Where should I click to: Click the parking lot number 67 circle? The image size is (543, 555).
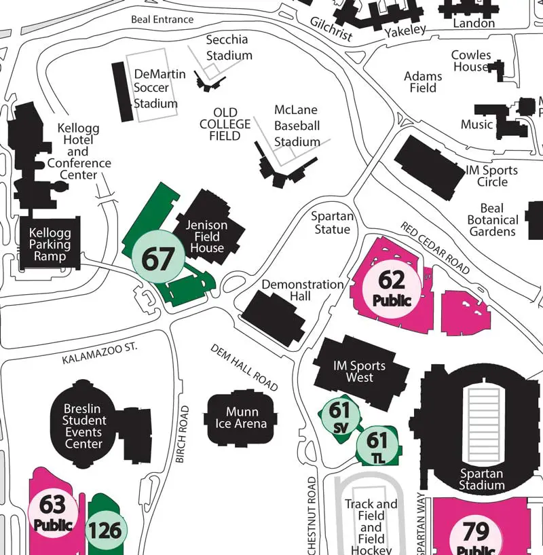[x=157, y=257]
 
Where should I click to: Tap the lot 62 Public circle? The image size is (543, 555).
[x=392, y=286]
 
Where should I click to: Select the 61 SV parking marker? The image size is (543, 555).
[x=339, y=416]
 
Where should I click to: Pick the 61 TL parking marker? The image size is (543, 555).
[x=377, y=446]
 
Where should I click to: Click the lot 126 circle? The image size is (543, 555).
[x=105, y=529]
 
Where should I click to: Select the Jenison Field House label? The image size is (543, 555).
[x=207, y=236]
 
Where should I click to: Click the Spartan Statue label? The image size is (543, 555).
[x=332, y=223]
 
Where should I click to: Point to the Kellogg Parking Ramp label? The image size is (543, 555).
[x=50, y=245]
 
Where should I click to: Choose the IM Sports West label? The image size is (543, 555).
[x=359, y=372]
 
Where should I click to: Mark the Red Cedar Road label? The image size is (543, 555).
[x=434, y=247]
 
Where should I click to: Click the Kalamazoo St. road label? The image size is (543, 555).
[x=99, y=354]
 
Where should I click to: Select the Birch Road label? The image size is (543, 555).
[x=181, y=435]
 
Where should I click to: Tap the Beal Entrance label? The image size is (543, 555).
[x=162, y=20]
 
